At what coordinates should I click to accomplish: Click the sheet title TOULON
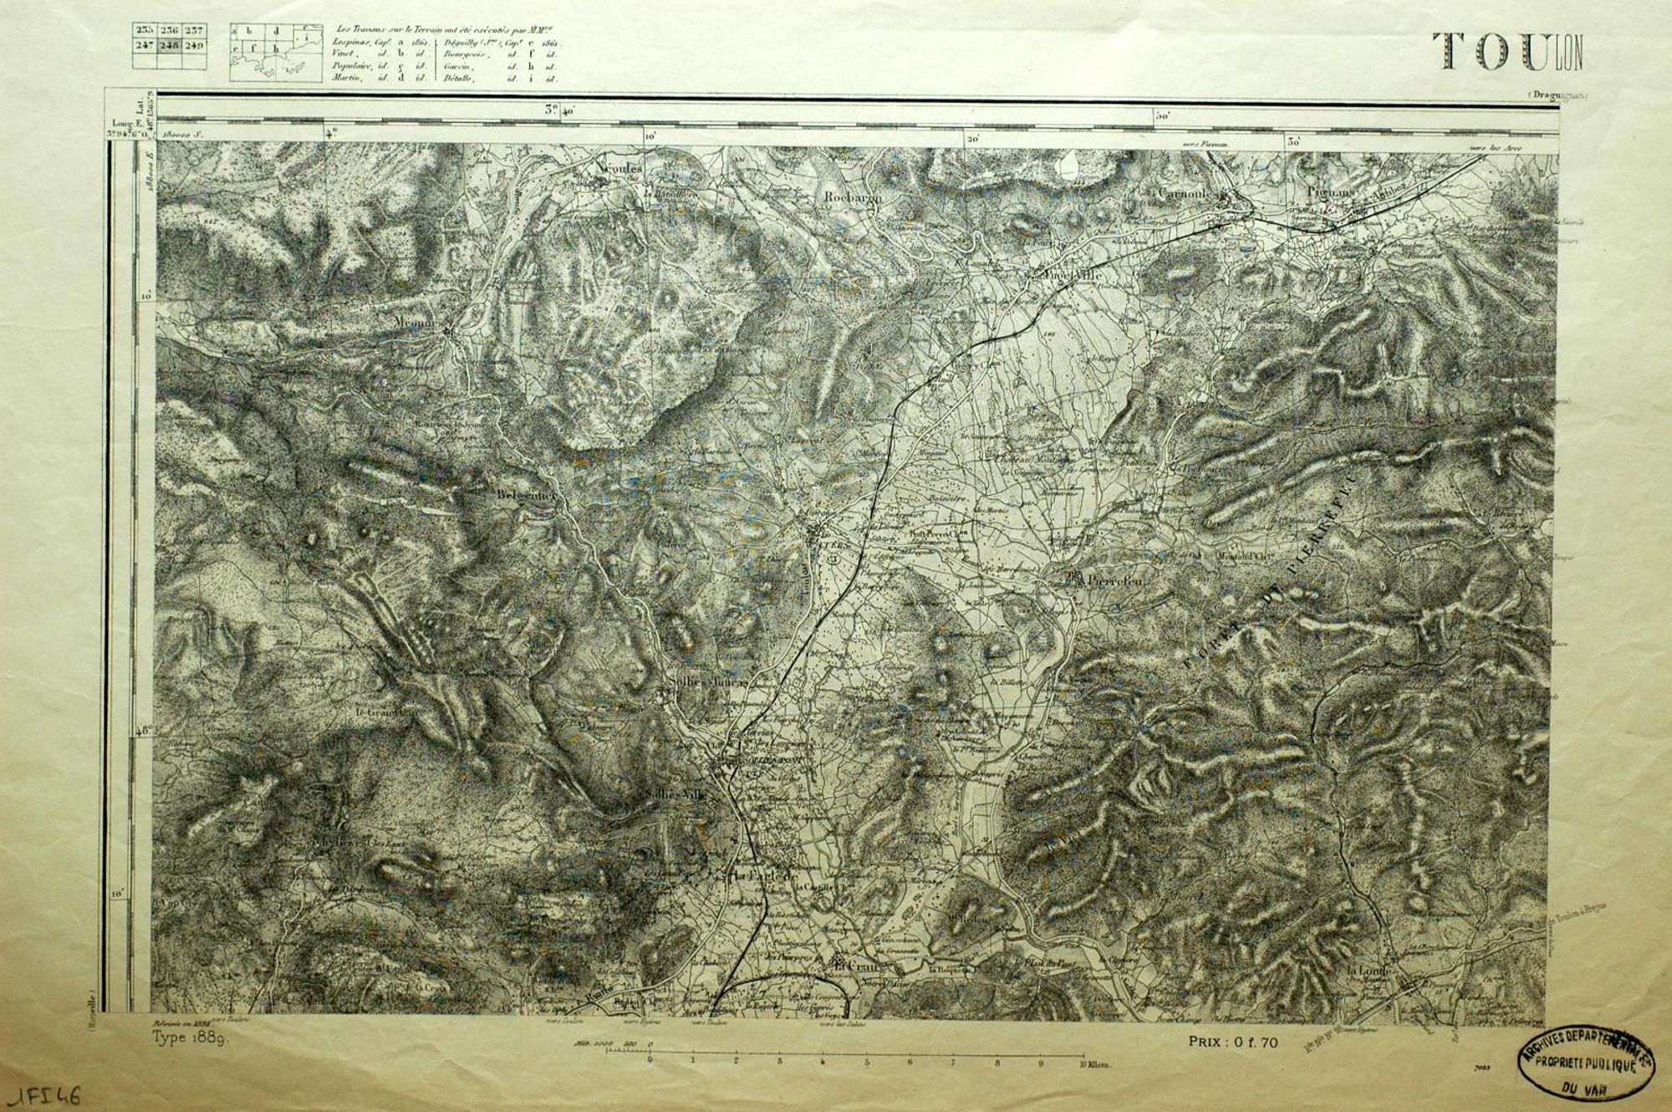pos(1507,52)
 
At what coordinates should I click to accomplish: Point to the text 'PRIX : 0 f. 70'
pos(1233,1042)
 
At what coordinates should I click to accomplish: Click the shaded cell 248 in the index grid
pos(170,45)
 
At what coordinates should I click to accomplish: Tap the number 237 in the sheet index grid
pos(194,31)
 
